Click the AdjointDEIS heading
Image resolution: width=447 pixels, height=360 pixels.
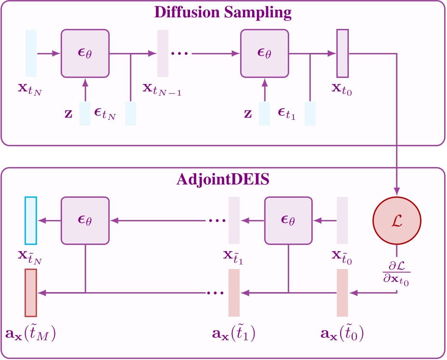point(223,180)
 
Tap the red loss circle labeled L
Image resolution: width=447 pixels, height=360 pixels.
point(397,221)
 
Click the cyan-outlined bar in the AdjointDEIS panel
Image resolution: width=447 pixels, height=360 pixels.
point(31,220)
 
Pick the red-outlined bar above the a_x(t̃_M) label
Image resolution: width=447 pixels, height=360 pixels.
point(31,293)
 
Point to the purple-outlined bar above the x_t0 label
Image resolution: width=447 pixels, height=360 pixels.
point(342,53)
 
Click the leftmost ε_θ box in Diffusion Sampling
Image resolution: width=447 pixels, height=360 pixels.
point(85,53)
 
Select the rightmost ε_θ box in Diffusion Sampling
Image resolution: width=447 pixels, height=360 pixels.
point(264,53)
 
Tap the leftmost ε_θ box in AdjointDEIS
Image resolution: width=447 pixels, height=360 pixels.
point(85,220)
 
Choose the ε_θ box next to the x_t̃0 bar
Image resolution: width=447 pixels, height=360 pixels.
point(288,220)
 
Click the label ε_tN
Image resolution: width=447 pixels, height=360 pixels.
point(104,115)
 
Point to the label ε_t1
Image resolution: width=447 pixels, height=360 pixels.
point(286,115)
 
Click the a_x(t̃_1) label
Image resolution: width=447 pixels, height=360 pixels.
point(233,333)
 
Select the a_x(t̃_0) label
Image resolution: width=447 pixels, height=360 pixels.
point(342,333)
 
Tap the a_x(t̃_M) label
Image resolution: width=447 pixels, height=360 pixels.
point(31,333)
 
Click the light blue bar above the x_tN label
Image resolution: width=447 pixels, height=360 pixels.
point(31,53)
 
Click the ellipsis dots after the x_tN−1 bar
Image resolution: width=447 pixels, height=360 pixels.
point(179,53)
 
